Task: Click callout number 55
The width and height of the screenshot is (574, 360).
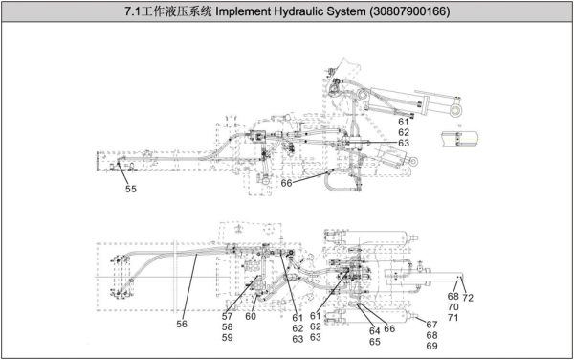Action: [131, 189]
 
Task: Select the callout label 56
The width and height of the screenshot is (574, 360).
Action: [182, 324]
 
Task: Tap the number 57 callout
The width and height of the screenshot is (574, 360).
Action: [227, 316]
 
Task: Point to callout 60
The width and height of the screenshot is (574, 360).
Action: [251, 316]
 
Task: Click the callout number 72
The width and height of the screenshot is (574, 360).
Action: [468, 298]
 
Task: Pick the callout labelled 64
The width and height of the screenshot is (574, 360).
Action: [374, 331]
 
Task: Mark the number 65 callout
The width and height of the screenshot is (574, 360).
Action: [374, 342]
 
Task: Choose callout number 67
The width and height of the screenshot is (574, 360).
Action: [432, 325]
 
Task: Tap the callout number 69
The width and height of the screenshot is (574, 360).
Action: [432, 346]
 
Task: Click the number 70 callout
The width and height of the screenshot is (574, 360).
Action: [453, 307]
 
